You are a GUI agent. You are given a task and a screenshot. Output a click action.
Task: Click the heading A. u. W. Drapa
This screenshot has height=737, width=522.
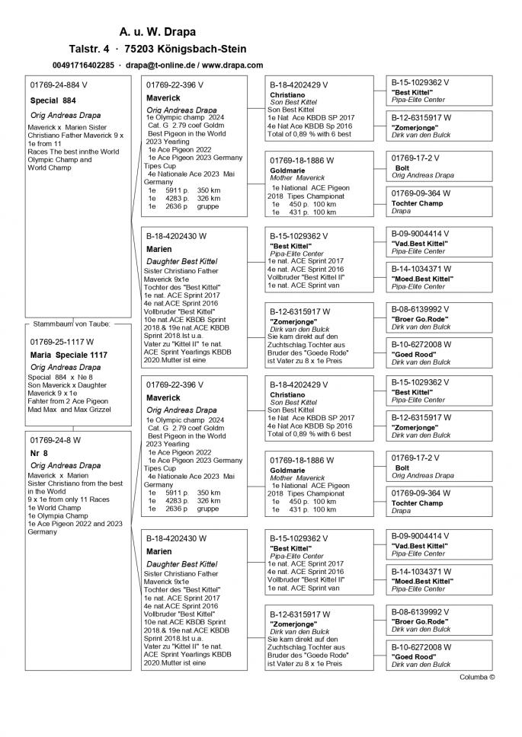coord(157,32)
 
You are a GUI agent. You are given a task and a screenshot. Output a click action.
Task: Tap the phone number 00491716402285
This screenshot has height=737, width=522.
coord(84,65)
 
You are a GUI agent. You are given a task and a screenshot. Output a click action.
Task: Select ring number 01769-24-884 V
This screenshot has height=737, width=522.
coord(59,85)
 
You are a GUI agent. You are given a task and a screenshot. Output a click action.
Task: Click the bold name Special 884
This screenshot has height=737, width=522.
coord(53,100)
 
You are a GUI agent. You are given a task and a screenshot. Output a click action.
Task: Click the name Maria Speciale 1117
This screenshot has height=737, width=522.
coord(67,356)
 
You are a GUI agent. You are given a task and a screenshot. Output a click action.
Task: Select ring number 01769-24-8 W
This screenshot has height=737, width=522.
coord(56,440)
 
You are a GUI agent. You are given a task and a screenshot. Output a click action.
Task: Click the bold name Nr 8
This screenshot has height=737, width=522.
coord(39,453)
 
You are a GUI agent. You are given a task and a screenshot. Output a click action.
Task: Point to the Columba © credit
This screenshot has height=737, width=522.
coord(477,676)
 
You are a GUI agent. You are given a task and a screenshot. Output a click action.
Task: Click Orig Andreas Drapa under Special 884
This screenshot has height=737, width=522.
coord(66,115)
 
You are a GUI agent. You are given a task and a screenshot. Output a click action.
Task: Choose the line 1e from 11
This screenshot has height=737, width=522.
coord(44,143)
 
